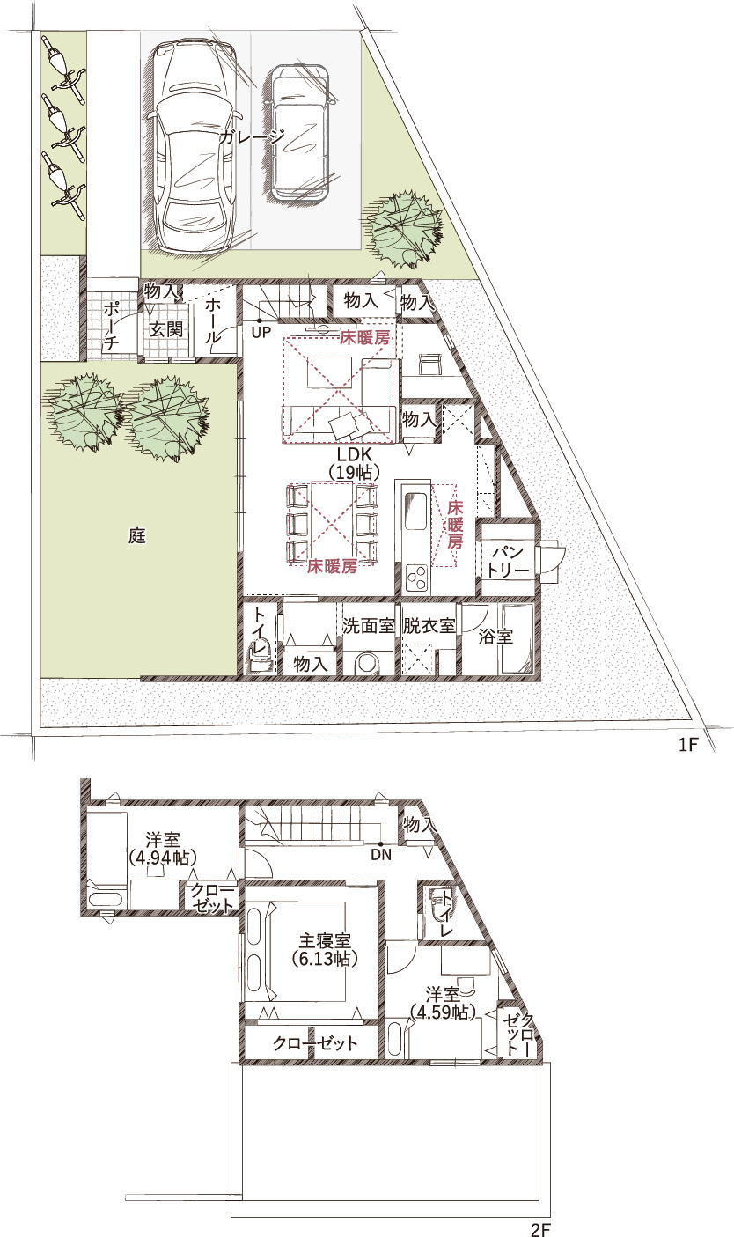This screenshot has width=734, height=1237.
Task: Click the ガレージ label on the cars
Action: pyautogui.click(x=253, y=136)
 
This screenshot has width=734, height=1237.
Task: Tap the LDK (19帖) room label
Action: pyautogui.click(x=355, y=463)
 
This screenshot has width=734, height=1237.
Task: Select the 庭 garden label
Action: pyautogui.click(x=137, y=535)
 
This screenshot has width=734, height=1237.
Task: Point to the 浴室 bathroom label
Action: pyautogui.click(x=495, y=636)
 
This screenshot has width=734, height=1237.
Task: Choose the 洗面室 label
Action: pyautogui.click(x=368, y=626)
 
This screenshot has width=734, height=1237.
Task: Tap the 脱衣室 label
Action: pyautogui.click(x=429, y=626)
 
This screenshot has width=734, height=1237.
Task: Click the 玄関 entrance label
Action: pyautogui.click(x=165, y=329)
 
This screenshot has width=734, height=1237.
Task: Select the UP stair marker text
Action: pyautogui.click(x=261, y=333)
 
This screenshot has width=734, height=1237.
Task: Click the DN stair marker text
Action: pyautogui.click(x=381, y=856)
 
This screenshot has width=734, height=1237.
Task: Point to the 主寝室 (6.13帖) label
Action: pyautogui.click(x=325, y=949)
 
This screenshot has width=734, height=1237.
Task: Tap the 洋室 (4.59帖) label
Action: pyautogui.click(x=444, y=1004)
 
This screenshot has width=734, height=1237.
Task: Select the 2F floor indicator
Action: pyautogui.click(x=541, y=1230)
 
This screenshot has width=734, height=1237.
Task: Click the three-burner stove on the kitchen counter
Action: pyautogui.click(x=417, y=578)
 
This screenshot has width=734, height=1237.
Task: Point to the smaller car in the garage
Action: pyautogui.click(x=299, y=132)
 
